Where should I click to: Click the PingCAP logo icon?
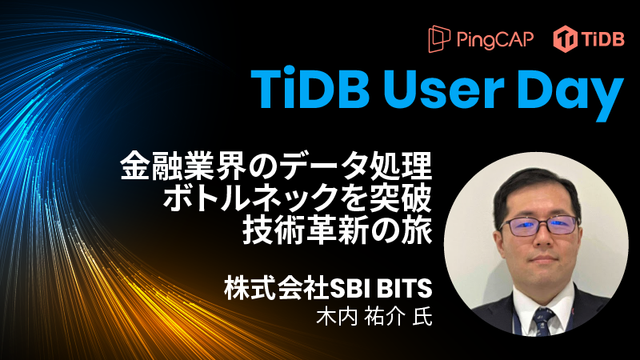click(x=439, y=38)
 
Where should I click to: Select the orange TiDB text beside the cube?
click(x=600, y=38)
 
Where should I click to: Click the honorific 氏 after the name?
click(x=422, y=315)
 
